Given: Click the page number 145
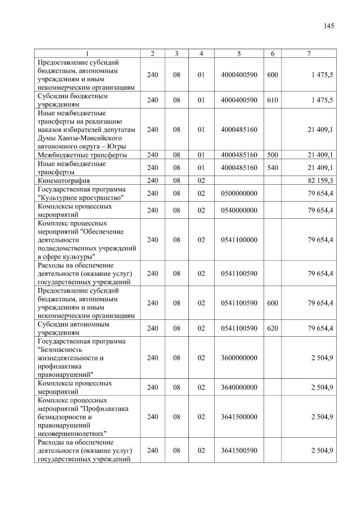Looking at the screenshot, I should pos(329,26).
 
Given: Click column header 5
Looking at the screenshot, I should pos(239,54).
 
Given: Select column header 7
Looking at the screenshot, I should pos(309,54).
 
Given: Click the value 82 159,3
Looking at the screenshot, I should pos(320,180).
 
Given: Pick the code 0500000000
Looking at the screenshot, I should pos(239,193).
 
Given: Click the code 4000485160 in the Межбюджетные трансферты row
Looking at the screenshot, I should pos(239,155).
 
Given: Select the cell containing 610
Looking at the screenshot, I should pos(272,100).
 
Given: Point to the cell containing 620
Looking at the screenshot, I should pos(272,329).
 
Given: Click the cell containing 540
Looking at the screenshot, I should pos(272,168).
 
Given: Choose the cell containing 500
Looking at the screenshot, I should pos(272,155).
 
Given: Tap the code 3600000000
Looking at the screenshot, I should pos(239,358).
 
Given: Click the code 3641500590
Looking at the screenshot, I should pos(239,451).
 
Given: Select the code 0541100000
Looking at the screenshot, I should pos(239,240).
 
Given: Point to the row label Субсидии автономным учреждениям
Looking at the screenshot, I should pos(73,329).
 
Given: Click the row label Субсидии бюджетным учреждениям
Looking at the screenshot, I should pos(73,100).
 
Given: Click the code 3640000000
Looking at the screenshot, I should pos(239,387).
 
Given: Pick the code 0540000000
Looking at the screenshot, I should pos(239,210).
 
